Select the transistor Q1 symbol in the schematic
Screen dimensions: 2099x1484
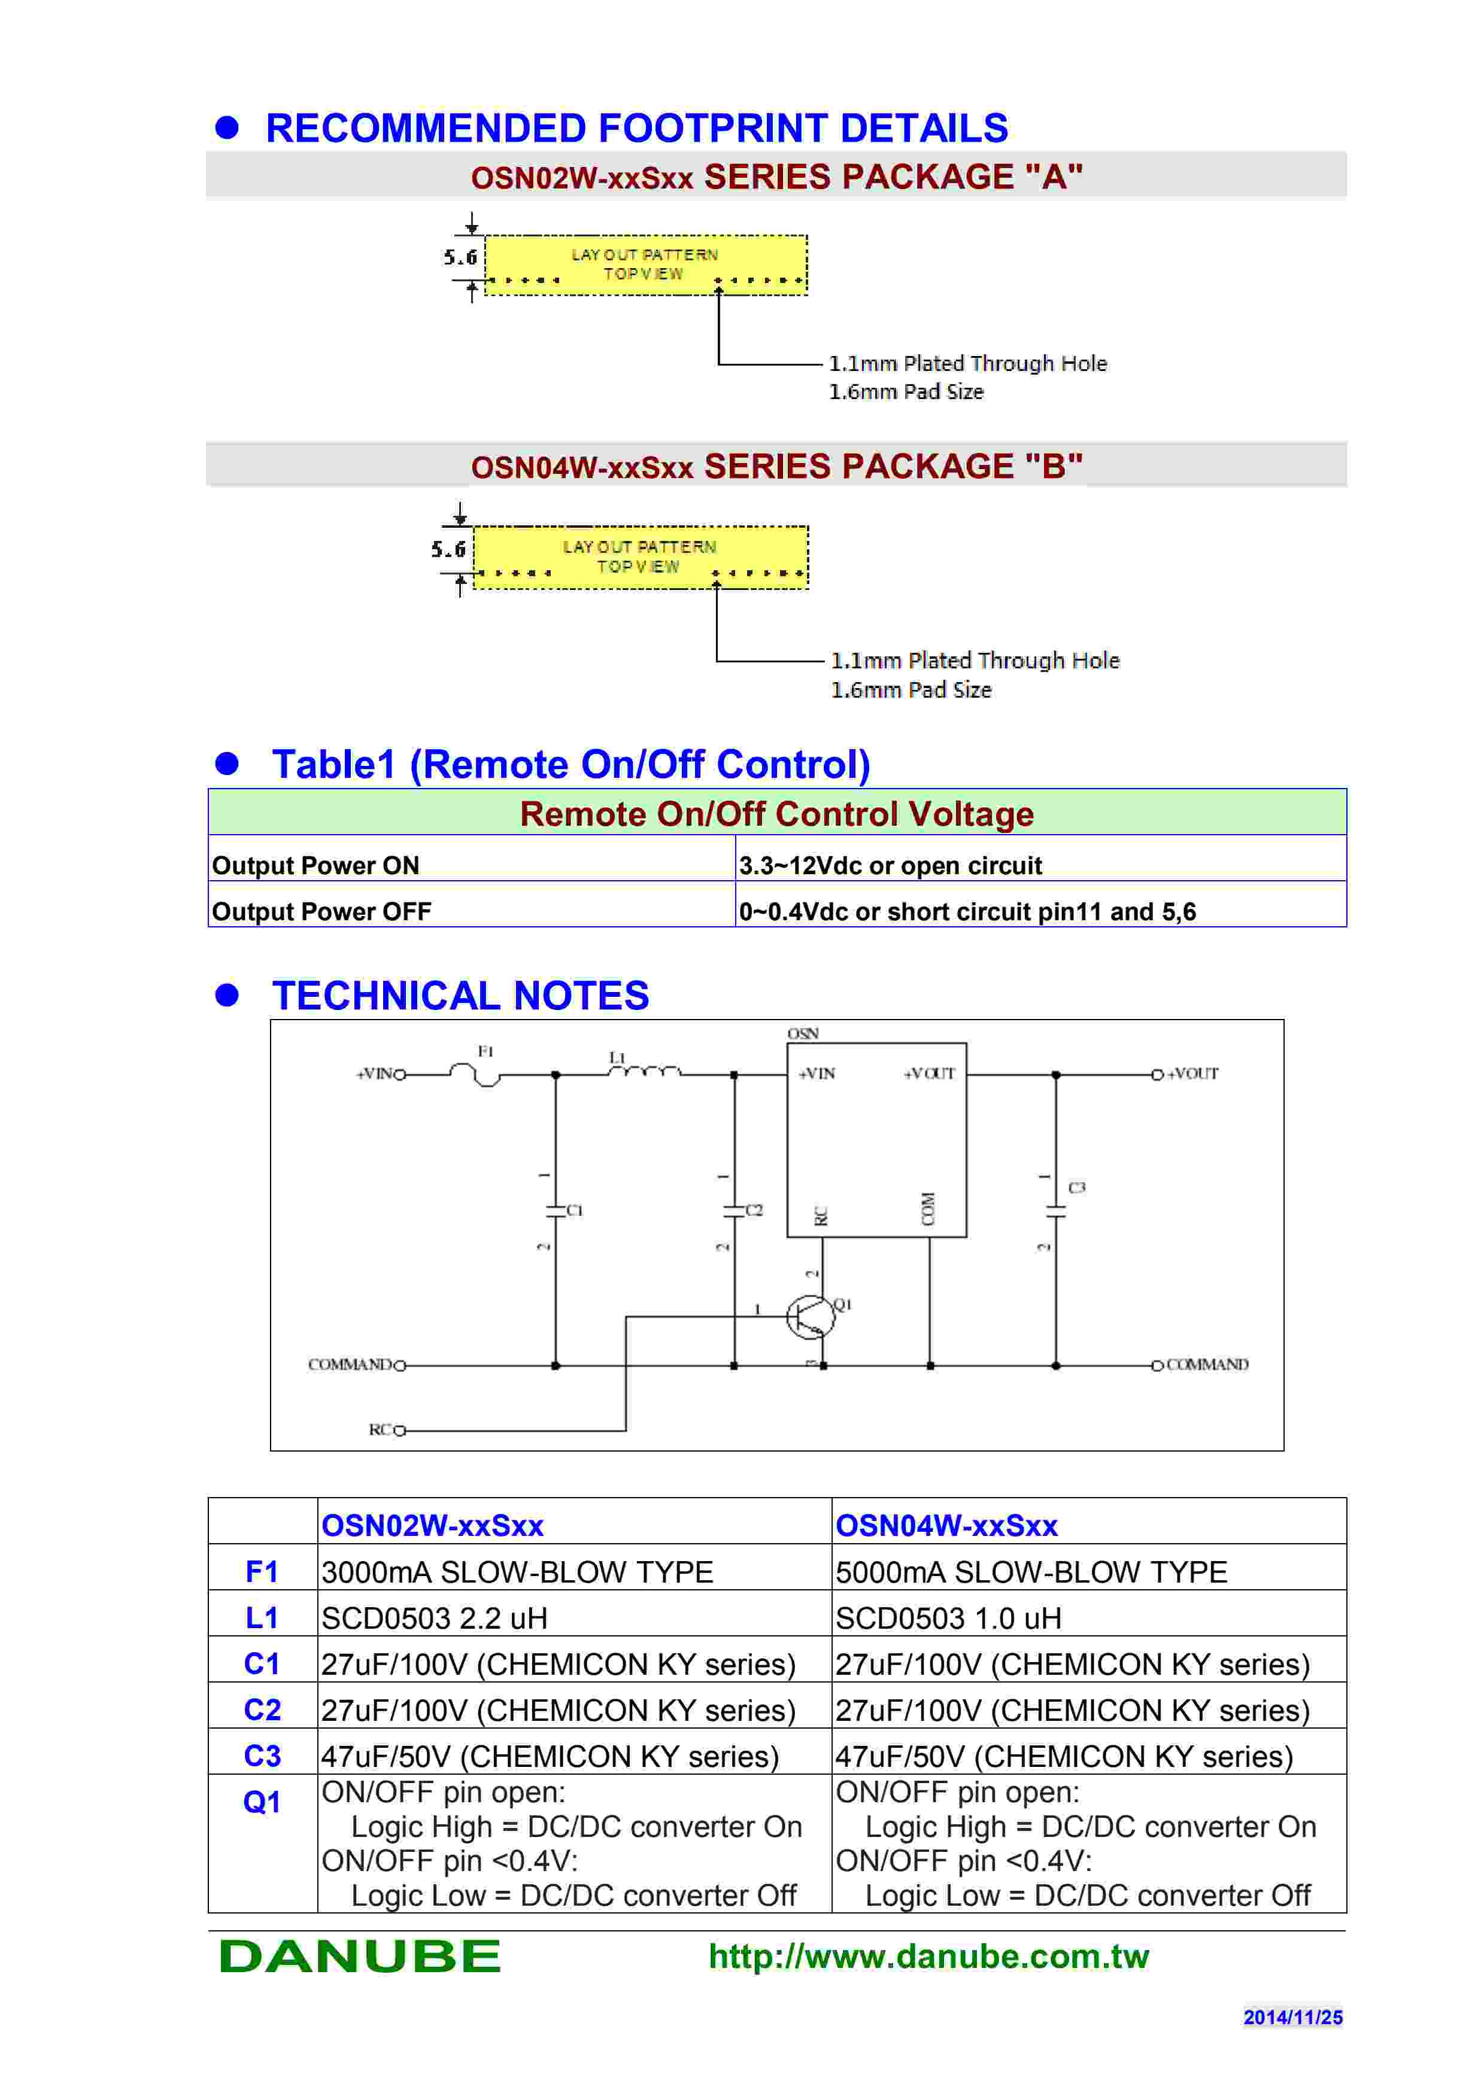[810, 1318]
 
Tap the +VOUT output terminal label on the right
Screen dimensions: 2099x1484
[1192, 1074]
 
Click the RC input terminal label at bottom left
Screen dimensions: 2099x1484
[381, 1430]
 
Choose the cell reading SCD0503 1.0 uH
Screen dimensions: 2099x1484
[948, 1618]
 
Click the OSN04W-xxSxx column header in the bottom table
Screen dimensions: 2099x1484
[946, 1526]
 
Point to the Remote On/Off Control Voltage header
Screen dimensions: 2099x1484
[776, 814]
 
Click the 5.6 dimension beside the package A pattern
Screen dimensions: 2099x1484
[461, 257]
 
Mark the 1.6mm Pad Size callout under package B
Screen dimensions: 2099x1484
[911, 690]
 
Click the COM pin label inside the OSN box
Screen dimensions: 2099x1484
[928, 1209]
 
